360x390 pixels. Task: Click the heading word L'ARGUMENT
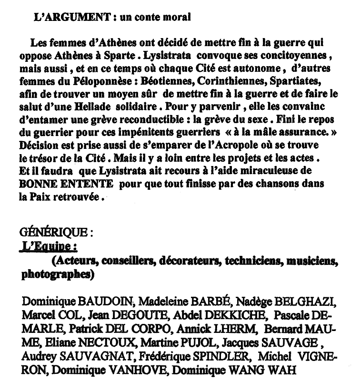[x=66, y=18]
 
